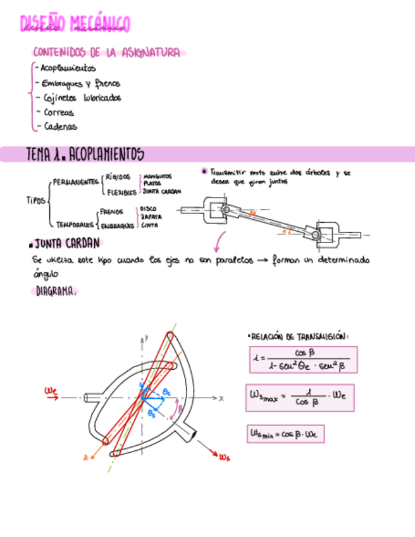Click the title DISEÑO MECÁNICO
coord(75,24)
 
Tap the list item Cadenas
coord(60,127)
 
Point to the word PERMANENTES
coord(75,181)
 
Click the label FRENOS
coord(111,212)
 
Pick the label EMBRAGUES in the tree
coord(117,225)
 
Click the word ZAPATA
coord(151,217)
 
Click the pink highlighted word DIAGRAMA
coord(56,292)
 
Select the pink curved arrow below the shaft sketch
coord(220,241)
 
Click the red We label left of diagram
coord(51,391)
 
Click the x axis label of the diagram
coord(221,398)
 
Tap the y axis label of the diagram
coord(146,338)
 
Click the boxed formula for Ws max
coord(299,398)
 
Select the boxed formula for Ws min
coord(285,434)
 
